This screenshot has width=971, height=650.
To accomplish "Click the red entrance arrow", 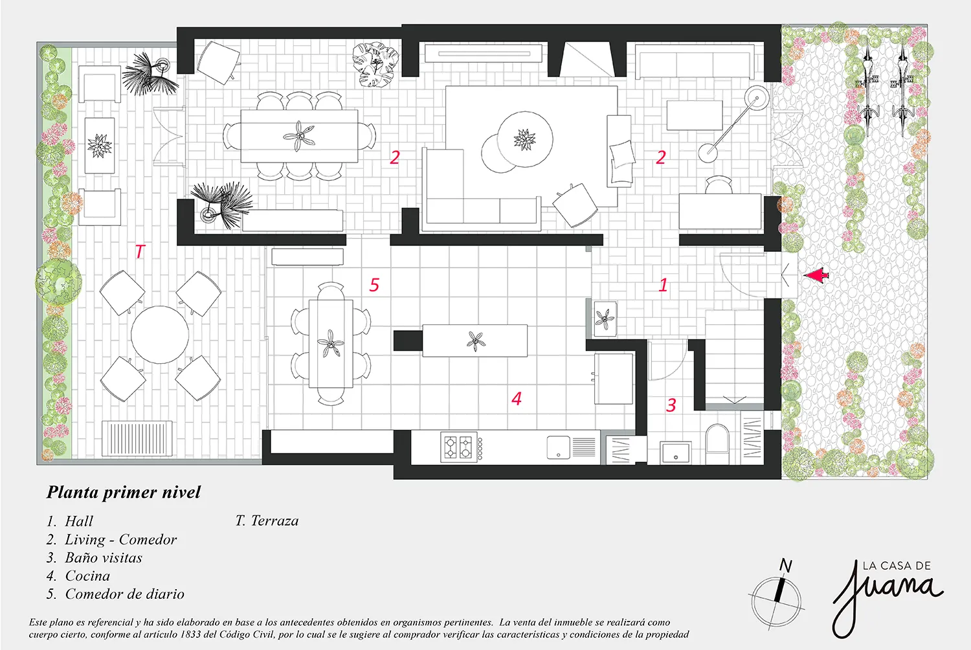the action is [x=816, y=276].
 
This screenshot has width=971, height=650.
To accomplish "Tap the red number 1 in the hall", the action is [x=664, y=285].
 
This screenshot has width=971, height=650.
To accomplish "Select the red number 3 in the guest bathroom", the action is [x=671, y=405].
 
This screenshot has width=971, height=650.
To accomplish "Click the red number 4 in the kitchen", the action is [x=517, y=399].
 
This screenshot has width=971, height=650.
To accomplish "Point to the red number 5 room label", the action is [x=374, y=285].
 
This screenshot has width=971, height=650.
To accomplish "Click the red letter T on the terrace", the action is [x=140, y=251].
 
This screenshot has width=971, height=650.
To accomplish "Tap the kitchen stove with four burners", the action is [x=459, y=447].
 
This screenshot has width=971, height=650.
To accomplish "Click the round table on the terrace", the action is [x=160, y=334].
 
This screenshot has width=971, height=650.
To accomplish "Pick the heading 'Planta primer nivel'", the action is [x=124, y=493].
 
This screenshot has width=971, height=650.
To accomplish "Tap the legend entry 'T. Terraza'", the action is [x=267, y=521].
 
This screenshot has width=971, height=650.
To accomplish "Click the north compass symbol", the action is [x=777, y=598].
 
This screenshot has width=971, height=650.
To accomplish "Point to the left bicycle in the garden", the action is [x=868, y=91].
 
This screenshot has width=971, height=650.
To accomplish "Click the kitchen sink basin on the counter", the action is [x=558, y=447].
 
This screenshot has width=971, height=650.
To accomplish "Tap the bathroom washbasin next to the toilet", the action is [x=676, y=453].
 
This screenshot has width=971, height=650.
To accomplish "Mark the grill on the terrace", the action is [x=137, y=438].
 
